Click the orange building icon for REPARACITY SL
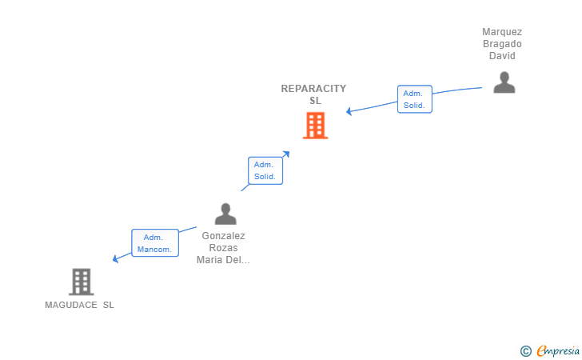[x=315, y=126]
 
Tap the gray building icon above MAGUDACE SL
[x=82, y=282]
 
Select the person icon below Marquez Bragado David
[x=504, y=82]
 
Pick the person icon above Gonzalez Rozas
[x=225, y=214]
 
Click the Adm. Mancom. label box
[x=155, y=243]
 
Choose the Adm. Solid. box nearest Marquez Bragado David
[x=415, y=99]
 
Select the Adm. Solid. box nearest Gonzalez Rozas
[x=265, y=170]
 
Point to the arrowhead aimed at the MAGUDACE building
[x=115, y=258]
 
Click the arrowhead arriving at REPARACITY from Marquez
[x=349, y=111]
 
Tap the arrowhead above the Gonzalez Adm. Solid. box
[x=286, y=154]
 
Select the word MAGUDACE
[x=71, y=305]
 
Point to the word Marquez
[x=502, y=32]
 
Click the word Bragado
[x=502, y=44]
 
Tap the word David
[x=502, y=56]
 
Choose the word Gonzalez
[x=224, y=236]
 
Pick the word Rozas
[x=224, y=248]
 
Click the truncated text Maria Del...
[x=223, y=260]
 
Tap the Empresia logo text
[x=558, y=350]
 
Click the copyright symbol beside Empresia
[x=526, y=351]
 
